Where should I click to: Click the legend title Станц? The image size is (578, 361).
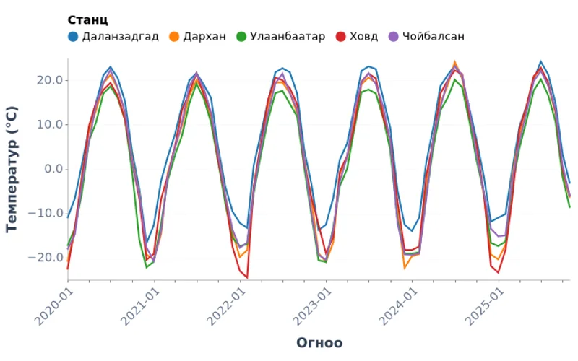coord(87,20)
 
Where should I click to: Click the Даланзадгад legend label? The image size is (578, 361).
coord(120,36)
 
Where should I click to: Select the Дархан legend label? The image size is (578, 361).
coord(204,36)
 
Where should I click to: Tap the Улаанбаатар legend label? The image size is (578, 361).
coord(288,36)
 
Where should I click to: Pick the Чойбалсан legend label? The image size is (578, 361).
coord(433,36)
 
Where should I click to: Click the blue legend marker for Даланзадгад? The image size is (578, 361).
coord(73,36)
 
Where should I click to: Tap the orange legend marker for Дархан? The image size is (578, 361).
coord(174,36)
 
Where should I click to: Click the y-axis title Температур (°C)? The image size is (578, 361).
coord(12,169)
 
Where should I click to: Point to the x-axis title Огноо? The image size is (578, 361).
coord(319,343)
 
